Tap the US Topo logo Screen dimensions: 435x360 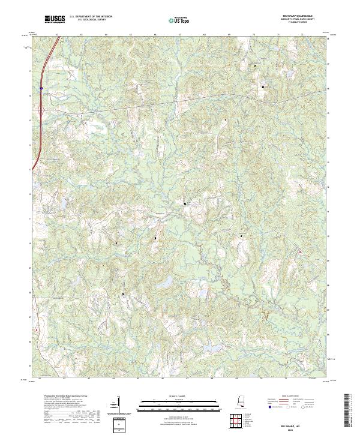tap(180, 20)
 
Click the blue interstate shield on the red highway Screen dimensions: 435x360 tap(41, 88)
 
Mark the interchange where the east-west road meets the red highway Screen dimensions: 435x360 tap(40, 109)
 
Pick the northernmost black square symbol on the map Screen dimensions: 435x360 tap(254, 65)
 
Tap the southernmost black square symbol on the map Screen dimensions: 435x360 tap(124, 293)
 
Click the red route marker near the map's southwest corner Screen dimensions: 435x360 tap(37, 329)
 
